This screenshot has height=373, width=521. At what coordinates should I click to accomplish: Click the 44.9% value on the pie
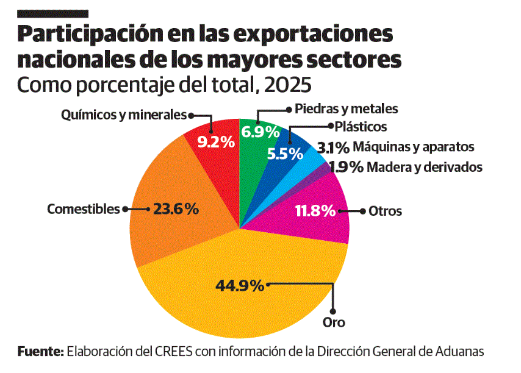click(x=239, y=285)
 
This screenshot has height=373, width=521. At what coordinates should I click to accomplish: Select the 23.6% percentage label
click(x=176, y=209)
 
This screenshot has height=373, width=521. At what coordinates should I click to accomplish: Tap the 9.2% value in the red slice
click(x=216, y=141)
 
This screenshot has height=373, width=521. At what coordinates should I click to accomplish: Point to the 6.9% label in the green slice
click(x=260, y=131)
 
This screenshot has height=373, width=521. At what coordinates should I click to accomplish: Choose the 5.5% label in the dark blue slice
click(x=285, y=154)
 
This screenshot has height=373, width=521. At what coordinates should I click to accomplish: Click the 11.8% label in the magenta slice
click(x=315, y=211)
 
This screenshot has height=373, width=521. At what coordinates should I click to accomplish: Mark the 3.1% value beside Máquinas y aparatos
click(x=333, y=147)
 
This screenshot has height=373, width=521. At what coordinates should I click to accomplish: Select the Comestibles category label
click(x=84, y=209)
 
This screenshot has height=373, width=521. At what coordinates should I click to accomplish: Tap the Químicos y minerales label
click(x=123, y=115)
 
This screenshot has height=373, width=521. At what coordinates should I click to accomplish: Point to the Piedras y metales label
click(x=346, y=109)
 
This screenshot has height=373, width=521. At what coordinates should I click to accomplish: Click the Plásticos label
click(x=361, y=127)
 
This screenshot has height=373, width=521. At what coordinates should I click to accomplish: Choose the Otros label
click(x=385, y=211)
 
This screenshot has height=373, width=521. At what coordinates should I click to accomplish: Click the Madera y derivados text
click(x=425, y=167)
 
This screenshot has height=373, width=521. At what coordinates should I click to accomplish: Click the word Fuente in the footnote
click(x=40, y=351)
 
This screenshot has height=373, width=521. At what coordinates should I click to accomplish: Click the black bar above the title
click(x=53, y=13)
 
